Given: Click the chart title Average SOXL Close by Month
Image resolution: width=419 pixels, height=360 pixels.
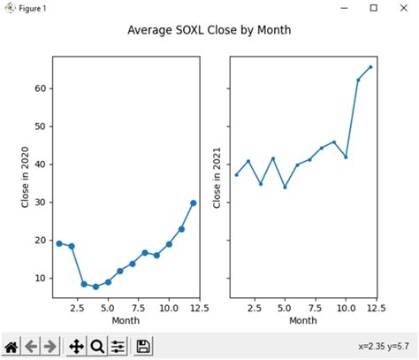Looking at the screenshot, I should click(x=209, y=31).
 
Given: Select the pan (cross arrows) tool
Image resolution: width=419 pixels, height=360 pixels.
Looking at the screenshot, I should click(x=77, y=346).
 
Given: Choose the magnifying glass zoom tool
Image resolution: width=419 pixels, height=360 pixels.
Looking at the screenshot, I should click(x=97, y=346).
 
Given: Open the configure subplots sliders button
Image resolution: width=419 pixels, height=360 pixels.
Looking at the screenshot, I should click(x=118, y=346).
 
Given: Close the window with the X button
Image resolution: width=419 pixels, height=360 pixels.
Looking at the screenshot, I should click(x=402, y=8).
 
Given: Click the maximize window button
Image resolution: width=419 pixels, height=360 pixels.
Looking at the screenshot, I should click(x=373, y=8).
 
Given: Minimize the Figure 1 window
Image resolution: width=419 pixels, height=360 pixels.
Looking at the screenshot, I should click(x=343, y=8).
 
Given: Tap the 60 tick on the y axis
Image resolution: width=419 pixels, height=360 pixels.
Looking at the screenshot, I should click(x=41, y=88).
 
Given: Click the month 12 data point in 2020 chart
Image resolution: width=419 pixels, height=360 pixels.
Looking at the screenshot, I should click(x=193, y=203).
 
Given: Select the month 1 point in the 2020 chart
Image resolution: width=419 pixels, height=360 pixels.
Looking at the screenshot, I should click(x=59, y=243).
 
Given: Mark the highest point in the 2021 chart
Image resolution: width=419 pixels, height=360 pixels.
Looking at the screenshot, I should click(x=370, y=66).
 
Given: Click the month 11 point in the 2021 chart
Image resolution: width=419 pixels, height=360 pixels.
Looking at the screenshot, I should click(x=358, y=80).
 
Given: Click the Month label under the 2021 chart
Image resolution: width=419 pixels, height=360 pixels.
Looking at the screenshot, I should click(x=303, y=320).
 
